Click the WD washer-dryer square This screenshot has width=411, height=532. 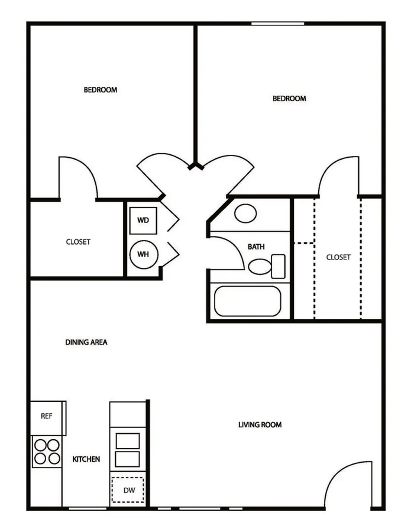pyautogui.click(x=143, y=221)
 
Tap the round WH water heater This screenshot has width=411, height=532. pyautogui.click(x=144, y=254)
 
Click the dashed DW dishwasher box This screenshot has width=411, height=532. pyautogui.click(x=128, y=489)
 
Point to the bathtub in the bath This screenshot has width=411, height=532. pyautogui.click(x=248, y=301)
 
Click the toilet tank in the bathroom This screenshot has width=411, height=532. pyautogui.click(x=278, y=266)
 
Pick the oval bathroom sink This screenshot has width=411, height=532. pyautogui.click(x=245, y=214)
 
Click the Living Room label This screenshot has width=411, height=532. pyautogui.click(x=260, y=425)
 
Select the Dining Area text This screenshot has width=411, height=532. pyautogui.click(x=86, y=342)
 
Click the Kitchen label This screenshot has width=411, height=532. pyautogui.click(x=86, y=459)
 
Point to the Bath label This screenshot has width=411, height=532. pyautogui.click(x=256, y=246)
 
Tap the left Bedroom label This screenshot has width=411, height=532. pyautogui.click(x=100, y=90)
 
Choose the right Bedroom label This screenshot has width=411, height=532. pyautogui.click(x=289, y=98)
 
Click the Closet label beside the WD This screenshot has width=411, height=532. pyautogui.click(x=78, y=242)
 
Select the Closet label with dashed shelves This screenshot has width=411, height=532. pyautogui.click(x=339, y=257)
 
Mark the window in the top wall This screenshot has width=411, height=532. pyautogui.click(x=278, y=23)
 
